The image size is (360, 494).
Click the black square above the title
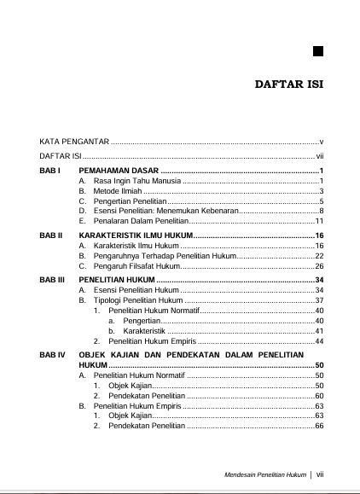(316, 50)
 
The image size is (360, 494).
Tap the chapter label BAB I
(50, 172)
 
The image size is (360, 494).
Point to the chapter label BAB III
(53, 279)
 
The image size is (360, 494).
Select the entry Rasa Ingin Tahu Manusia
(136, 183)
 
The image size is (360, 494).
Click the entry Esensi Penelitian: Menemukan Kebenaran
(165, 211)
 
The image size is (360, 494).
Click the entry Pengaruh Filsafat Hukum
(136, 266)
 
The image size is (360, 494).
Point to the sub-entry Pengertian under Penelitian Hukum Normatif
(142, 321)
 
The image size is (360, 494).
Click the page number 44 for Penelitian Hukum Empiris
(319, 341)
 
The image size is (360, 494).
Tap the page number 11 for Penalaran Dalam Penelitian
(319, 221)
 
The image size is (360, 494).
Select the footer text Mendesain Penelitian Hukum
(264, 474)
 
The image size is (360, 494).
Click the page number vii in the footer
(320, 474)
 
